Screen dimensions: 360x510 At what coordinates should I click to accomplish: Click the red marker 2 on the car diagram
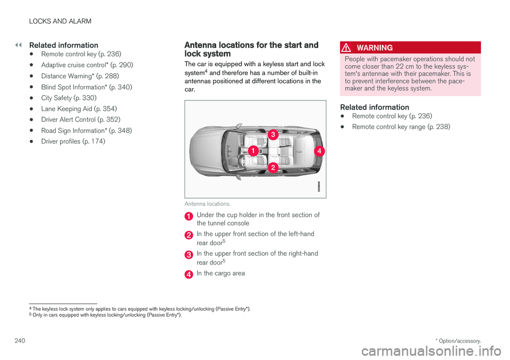click(272, 168)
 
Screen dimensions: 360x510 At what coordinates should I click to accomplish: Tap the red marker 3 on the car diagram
click(272, 135)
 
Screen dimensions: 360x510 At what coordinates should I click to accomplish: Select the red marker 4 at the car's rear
click(319, 151)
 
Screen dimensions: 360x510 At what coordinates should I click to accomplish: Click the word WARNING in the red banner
click(375, 48)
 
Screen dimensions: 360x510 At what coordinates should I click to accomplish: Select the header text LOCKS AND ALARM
click(61, 21)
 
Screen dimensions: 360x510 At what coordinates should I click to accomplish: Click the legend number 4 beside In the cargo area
click(188, 274)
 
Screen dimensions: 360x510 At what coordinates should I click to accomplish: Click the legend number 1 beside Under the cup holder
click(188, 216)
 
